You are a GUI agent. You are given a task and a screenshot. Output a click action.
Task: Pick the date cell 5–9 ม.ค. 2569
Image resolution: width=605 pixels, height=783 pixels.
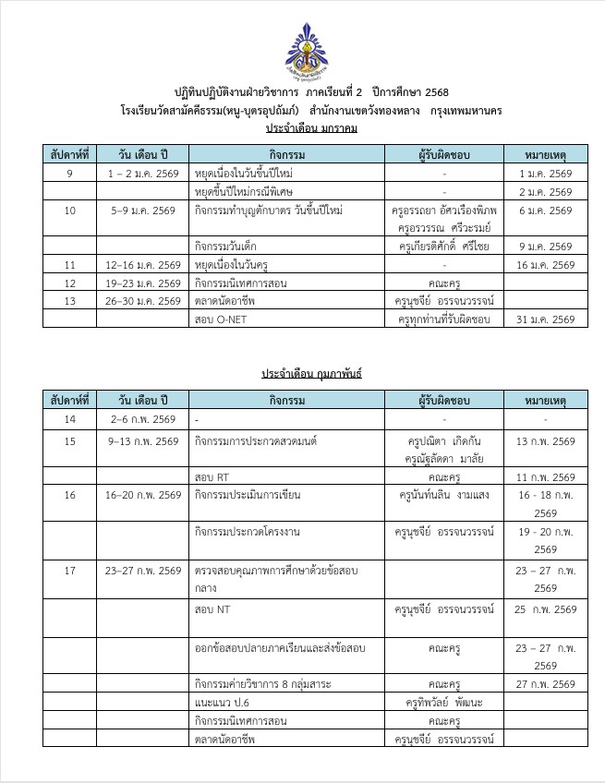pyautogui.click(x=143, y=211)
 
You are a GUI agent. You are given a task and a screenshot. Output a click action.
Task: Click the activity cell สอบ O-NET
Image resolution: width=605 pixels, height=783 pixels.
pyautogui.click(x=218, y=319)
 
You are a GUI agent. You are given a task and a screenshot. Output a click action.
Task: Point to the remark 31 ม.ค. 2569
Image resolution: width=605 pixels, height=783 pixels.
pyautogui.click(x=546, y=319)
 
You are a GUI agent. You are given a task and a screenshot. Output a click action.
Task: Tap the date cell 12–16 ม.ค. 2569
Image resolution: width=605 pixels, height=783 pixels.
pyautogui.click(x=143, y=265)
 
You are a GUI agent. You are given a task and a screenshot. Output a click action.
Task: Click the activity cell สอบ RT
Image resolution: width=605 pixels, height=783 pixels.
pyautogui.click(x=212, y=476)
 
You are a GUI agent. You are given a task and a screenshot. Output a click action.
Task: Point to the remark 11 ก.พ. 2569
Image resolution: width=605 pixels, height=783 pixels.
pyautogui.click(x=546, y=476)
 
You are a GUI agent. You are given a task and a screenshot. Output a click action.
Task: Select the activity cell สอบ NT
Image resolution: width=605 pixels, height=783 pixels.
pyautogui.click(x=212, y=609)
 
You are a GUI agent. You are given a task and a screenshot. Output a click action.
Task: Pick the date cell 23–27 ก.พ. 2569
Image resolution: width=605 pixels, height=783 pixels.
pyautogui.click(x=143, y=571)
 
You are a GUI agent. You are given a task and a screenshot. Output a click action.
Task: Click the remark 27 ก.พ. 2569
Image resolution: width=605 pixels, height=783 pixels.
pyautogui.click(x=546, y=684)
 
